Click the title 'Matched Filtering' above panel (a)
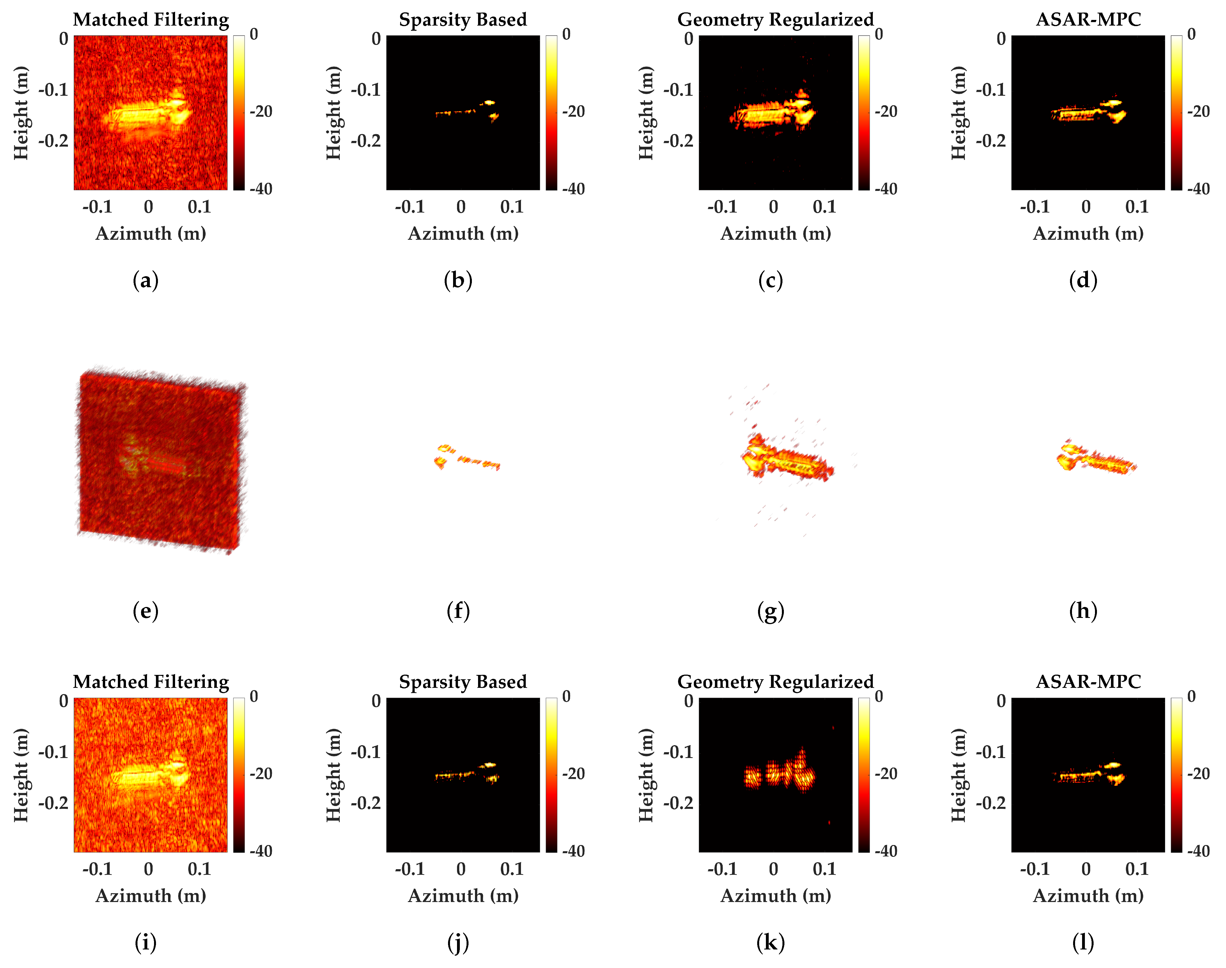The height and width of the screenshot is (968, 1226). point(151,20)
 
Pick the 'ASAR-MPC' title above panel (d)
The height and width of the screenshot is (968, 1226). point(1089,20)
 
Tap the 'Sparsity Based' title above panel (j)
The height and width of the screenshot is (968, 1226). point(463,682)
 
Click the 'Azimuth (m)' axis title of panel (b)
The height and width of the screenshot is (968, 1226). point(463,234)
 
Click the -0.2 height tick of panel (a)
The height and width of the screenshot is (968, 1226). point(53,141)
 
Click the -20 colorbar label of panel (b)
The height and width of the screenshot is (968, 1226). point(573,112)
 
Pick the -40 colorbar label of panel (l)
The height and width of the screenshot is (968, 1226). point(1198,851)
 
